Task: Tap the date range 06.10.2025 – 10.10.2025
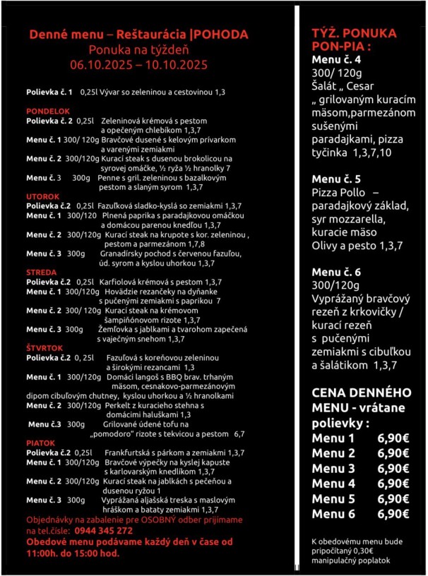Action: tap(138, 65)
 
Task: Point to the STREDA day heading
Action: tap(40, 272)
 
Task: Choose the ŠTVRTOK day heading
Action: tap(44, 348)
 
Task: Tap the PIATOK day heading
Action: tap(41, 443)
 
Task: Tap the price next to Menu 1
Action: tap(393, 438)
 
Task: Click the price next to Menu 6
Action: tap(393, 514)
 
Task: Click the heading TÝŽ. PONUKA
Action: tap(354, 33)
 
